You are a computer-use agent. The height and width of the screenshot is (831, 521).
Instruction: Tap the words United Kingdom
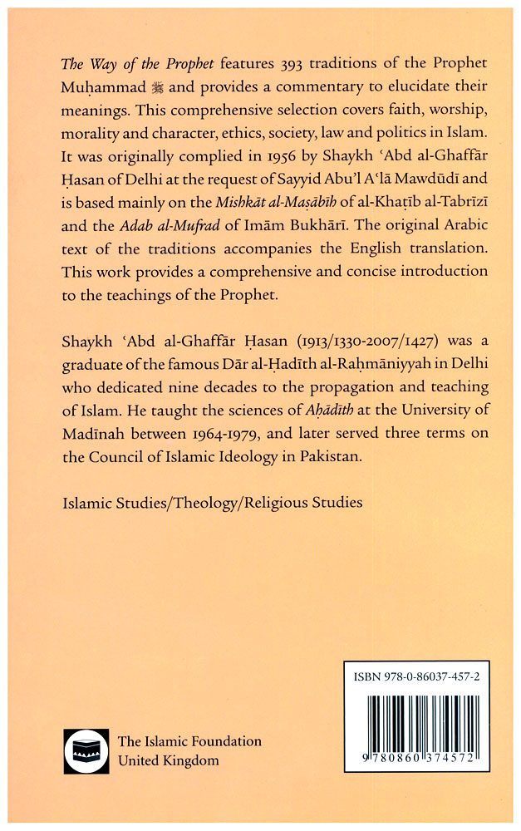point(168,760)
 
